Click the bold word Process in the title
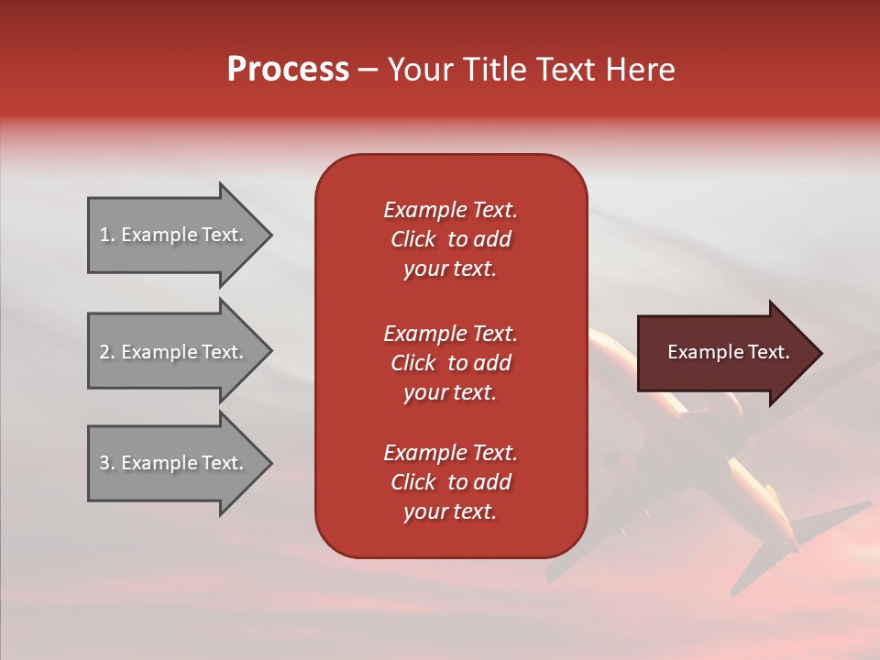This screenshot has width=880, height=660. coord(288,70)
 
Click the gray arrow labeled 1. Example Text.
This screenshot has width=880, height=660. coord(174,235)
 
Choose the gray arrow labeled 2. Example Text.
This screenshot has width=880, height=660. coord(174,352)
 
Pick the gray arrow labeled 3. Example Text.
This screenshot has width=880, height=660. coord(174,463)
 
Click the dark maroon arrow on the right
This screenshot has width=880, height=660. coord(724,353)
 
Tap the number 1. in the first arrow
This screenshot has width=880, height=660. coord(107,235)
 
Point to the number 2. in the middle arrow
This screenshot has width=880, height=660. coord(107,352)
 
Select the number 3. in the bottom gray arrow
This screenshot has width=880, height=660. coord(107,463)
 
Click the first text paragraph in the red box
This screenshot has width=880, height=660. coord(450,239)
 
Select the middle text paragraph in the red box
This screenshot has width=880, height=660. coord(450,363)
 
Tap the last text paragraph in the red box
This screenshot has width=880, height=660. coord(450,482)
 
